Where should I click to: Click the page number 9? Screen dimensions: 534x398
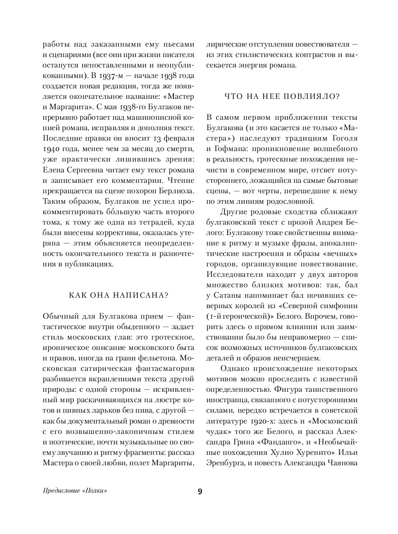(x=200, y=492)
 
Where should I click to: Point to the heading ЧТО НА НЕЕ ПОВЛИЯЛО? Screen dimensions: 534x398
(x=282, y=96)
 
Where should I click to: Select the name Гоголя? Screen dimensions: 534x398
(x=342, y=138)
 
